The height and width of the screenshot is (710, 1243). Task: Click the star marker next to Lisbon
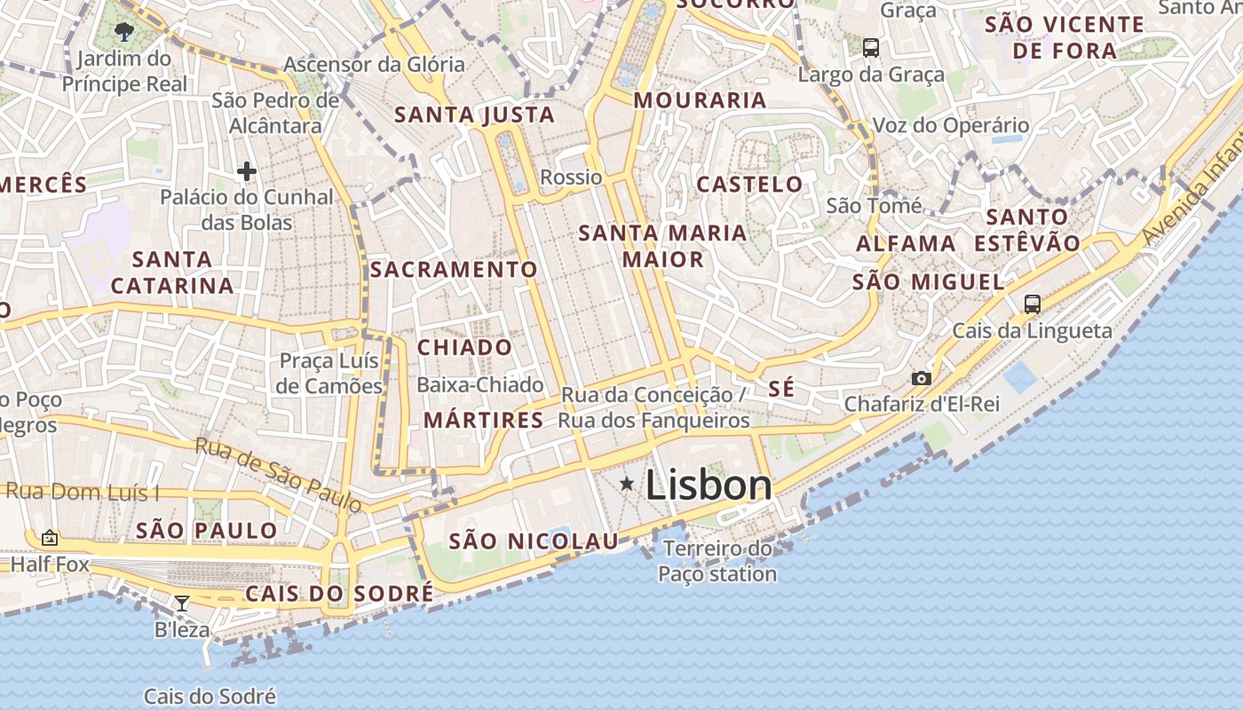pos(627,484)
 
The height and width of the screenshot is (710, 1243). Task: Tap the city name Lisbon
pos(709,485)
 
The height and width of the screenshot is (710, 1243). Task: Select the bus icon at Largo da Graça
pos(871,48)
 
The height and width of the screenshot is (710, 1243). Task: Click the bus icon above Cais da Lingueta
pos(1032,304)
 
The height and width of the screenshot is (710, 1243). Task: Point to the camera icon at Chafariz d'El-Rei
pos(922,379)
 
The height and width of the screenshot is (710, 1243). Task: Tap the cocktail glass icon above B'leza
pos(182,603)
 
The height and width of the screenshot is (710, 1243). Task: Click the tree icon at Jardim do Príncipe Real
pos(124,33)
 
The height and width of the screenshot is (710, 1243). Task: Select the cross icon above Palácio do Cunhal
pos(247,170)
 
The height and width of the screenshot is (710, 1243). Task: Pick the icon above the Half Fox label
pos(50,538)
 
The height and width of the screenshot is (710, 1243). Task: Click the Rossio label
pos(571,177)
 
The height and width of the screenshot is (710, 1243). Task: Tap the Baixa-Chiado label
pos(479,385)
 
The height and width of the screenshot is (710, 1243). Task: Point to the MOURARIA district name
pos(700,100)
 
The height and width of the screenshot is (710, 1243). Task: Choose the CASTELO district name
pos(749,185)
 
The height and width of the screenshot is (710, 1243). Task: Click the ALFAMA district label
pos(906,243)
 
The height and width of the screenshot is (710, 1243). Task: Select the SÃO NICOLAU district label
pos(533,541)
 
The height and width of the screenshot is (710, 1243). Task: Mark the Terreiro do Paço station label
pos(718,562)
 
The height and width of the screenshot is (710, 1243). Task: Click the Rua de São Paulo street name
pos(279,476)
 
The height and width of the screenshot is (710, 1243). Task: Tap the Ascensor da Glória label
pos(374,65)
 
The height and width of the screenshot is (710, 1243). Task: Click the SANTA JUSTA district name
pos(474,115)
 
